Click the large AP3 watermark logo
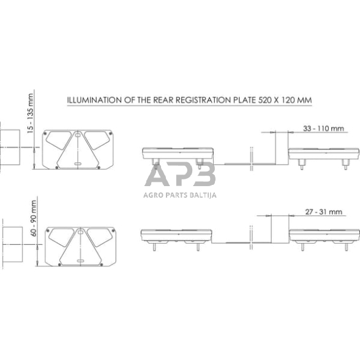(x=179, y=176)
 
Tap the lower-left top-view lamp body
(x=176, y=235)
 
